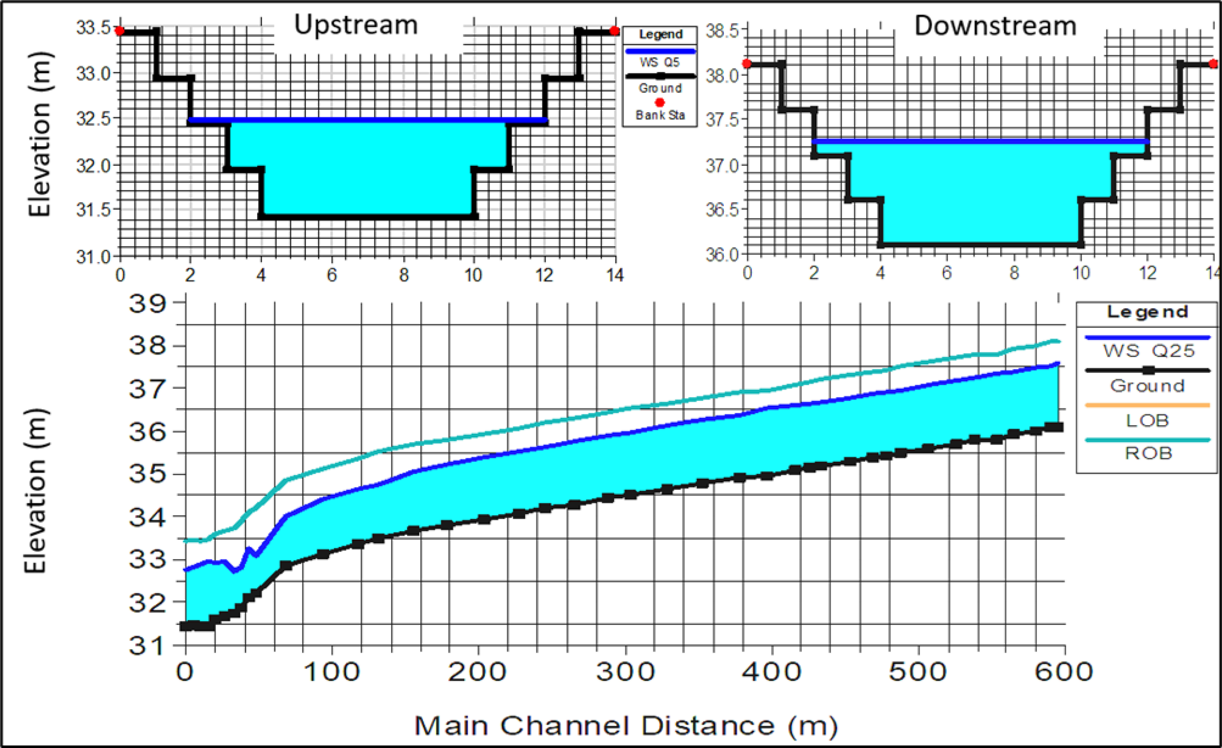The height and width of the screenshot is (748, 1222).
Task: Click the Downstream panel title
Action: [x=995, y=26]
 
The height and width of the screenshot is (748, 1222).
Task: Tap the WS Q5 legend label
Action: [x=660, y=62]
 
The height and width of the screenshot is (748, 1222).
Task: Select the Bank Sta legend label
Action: [x=660, y=115]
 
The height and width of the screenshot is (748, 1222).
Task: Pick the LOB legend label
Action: [x=1148, y=420]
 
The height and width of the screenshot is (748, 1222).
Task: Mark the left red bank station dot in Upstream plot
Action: [x=120, y=31]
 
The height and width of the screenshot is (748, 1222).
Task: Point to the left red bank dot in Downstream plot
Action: [x=747, y=63]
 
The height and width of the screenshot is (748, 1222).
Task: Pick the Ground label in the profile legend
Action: [x=1148, y=386]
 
